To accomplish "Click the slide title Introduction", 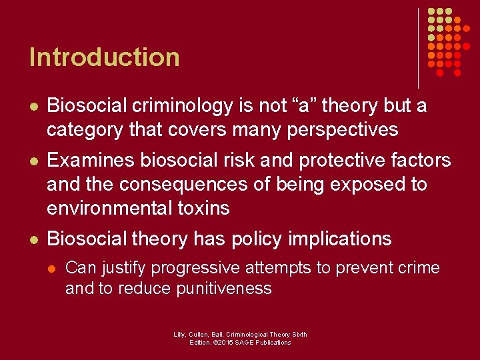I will click(x=105, y=57).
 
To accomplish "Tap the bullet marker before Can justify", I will click(x=53, y=269).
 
